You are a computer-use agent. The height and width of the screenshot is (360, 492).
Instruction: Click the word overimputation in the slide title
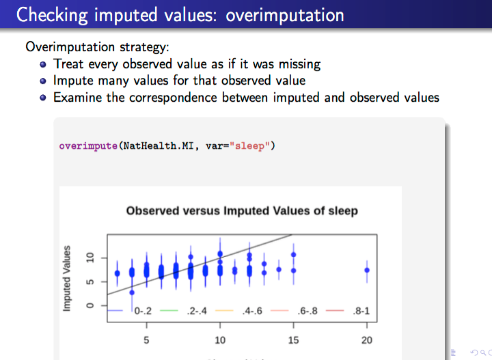pos(284,15)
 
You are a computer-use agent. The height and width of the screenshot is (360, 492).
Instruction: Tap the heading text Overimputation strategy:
pos(97,47)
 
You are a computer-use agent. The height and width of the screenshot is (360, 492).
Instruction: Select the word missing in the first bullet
pos(300,64)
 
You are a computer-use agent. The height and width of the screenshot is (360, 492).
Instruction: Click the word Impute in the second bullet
pos(73,81)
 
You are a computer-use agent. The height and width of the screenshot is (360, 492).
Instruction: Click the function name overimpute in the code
pos(88,146)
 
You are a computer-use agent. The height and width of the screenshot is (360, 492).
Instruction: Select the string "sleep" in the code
pos(249,146)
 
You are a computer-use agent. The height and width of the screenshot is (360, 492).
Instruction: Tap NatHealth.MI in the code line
pos(158,146)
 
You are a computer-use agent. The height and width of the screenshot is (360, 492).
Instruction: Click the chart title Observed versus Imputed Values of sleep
pos(242,210)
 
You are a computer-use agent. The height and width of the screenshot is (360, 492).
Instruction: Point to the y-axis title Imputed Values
pos(66,279)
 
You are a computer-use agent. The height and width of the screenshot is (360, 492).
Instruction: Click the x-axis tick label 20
pos(367,340)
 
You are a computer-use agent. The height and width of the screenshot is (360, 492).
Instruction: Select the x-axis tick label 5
pos(146,340)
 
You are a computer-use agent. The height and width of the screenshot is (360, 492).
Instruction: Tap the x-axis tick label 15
pos(293,340)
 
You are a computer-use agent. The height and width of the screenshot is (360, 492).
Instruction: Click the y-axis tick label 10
pos(90,258)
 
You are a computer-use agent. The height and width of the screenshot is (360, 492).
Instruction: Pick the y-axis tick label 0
pos(90,305)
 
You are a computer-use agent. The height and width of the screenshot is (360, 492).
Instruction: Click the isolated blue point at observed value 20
pos(367,270)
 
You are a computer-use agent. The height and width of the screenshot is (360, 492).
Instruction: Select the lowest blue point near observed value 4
pos(132,292)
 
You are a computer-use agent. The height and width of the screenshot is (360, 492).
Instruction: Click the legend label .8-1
pos(361,311)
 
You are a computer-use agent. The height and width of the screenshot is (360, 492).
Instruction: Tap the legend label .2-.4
pos(197,311)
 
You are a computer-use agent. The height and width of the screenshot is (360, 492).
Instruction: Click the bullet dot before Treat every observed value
pos(43,65)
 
